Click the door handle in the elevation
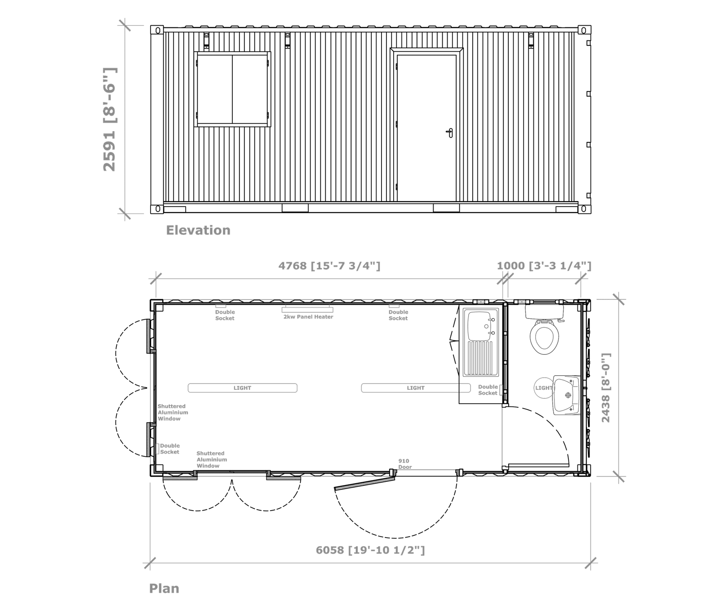450,132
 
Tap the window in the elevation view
232,89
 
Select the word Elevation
198,230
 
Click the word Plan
164,588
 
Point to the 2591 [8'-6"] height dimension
110,119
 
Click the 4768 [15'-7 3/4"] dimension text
329,266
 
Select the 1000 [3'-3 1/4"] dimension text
544,266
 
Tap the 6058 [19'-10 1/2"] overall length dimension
370,550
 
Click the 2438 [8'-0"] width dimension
606,388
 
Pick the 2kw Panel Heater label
308,317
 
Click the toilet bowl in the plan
544,337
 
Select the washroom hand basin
567,395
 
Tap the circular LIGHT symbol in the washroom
543,388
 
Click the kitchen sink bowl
480,326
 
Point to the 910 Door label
404,464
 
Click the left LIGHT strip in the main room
242,388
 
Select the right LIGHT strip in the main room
416,388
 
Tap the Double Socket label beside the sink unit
488,390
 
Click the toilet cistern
545,311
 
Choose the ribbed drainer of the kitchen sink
480,358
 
